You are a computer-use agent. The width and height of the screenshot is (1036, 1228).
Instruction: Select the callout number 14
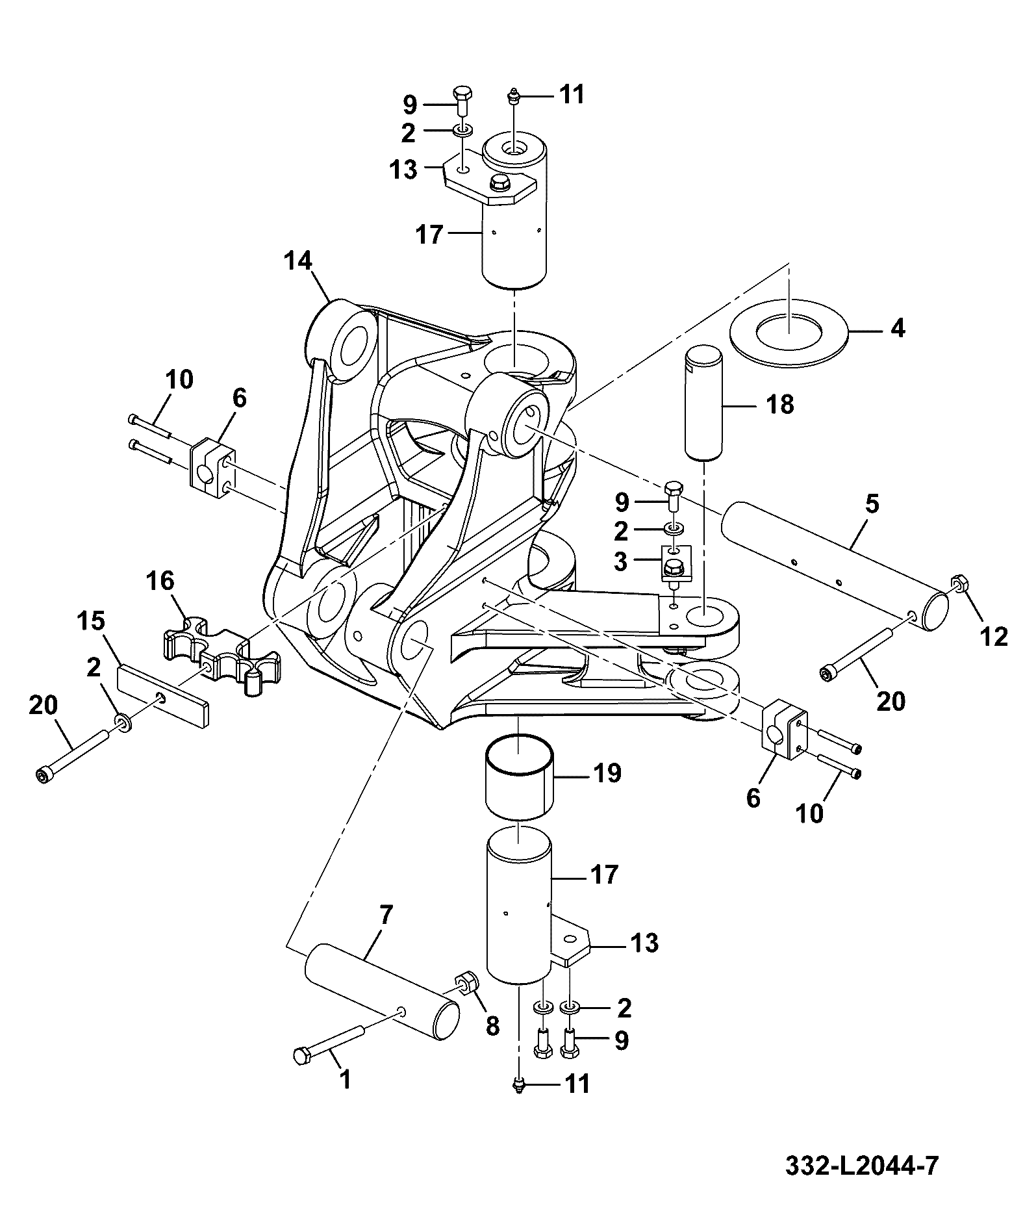point(297,262)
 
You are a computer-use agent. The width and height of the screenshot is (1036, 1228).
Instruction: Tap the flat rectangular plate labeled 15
point(164,695)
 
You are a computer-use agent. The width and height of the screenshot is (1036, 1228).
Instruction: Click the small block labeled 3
point(676,563)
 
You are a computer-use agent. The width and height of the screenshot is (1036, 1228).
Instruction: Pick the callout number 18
point(780,405)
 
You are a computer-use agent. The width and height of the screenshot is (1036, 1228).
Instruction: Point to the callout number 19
point(608,773)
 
